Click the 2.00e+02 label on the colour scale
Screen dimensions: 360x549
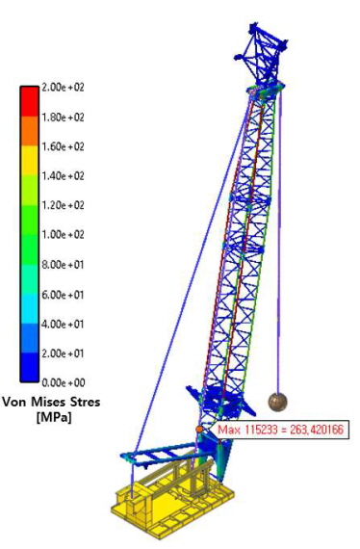coord(64,88)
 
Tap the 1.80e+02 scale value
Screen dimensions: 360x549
coord(64,117)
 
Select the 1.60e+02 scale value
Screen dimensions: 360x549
coord(64,146)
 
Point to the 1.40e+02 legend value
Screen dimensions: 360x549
coord(64,175)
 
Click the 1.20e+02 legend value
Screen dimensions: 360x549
coord(64,205)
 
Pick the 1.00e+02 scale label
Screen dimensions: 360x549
coord(64,234)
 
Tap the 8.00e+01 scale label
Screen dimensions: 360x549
coord(64,265)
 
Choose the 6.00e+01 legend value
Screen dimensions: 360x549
coord(64,295)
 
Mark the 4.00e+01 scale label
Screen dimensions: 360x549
coord(64,325)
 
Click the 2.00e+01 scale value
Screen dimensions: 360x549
coord(64,353)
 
